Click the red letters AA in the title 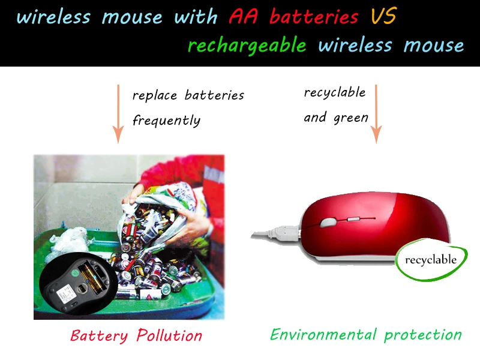243,16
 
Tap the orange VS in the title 384,16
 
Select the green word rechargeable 247,46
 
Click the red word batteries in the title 314,17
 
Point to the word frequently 167,121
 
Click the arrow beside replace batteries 118,114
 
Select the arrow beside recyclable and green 376,114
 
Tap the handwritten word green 351,118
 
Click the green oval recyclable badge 431,260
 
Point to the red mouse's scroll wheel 328,222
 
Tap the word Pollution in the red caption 169,335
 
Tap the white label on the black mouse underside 67,293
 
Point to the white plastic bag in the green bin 68,241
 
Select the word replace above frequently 155,96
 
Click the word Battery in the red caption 99,336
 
